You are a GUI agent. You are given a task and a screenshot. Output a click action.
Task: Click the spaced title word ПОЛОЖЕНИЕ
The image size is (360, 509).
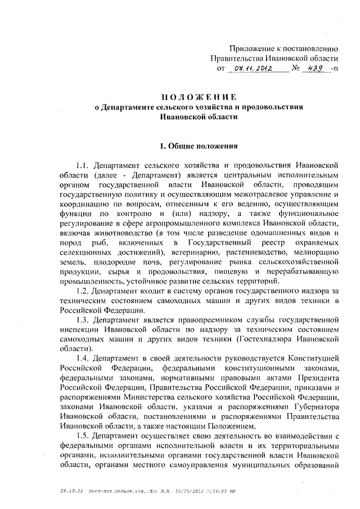[199, 96]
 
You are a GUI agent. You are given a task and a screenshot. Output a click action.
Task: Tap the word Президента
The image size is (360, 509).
[315, 377]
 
